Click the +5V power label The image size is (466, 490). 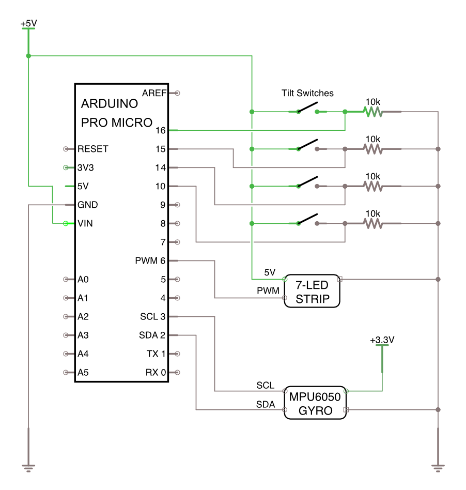[x=28, y=24]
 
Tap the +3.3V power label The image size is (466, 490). [x=382, y=340]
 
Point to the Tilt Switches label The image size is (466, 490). [x=307, y=93]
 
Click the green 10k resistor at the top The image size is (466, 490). [x=372, y=112]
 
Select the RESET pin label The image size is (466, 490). [x=93, y=149]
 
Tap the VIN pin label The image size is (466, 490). [x=86, y=223]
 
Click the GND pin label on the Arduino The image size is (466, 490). [x=87, y=205]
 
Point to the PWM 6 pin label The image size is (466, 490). [x=150, y=261]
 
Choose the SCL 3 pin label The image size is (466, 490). [x=152, y=316]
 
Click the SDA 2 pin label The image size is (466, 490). [x=152, y=335]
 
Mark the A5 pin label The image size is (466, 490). [x=83, y=372]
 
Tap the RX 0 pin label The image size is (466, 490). [x=156, y=372]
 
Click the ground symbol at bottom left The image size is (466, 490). [x=28, y=467]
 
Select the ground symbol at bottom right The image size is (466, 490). [x=438, y=467]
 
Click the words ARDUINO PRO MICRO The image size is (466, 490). [x=117, y=113]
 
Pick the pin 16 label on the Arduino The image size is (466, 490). [x=160, y=130]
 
